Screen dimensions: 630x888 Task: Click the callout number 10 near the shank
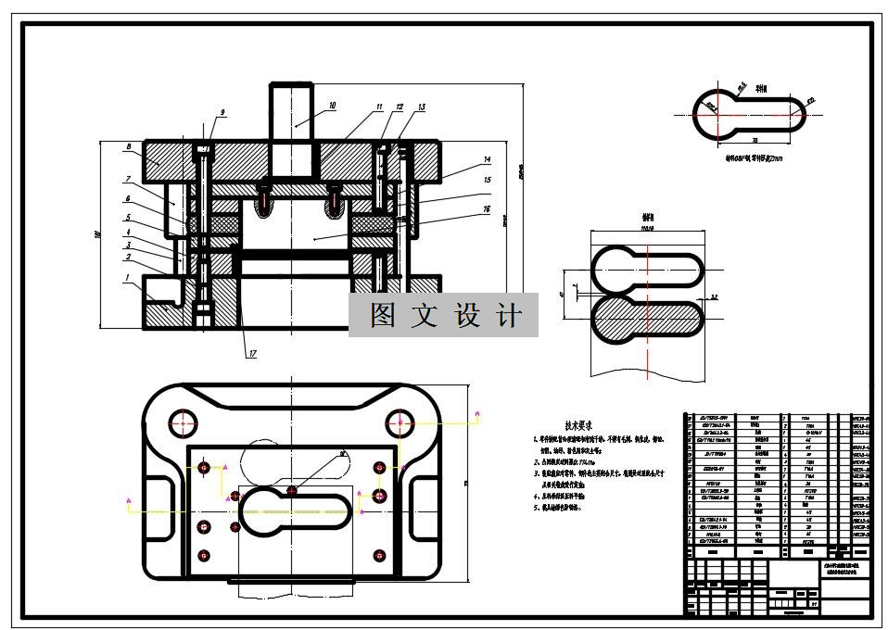point(332,107)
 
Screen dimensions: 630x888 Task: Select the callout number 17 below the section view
point(252,353)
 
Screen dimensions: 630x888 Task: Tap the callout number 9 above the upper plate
point(222,113)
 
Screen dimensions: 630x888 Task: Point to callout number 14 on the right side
point(486,160)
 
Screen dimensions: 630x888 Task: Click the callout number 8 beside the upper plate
point(128,146)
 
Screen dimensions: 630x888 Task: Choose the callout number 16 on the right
point(487,210)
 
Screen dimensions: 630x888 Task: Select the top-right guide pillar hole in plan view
point(400,422)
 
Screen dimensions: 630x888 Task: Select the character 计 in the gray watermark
point(509,316)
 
